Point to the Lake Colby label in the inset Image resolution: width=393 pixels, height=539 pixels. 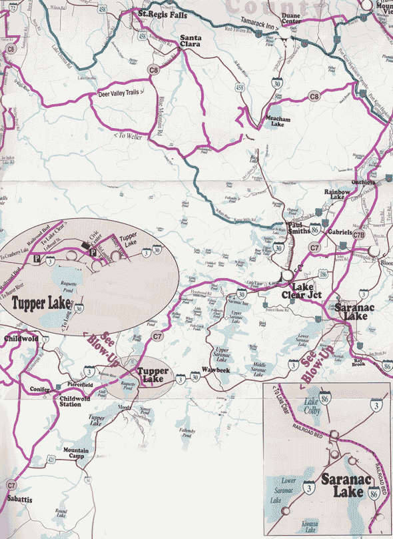(x=311, y=406)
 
